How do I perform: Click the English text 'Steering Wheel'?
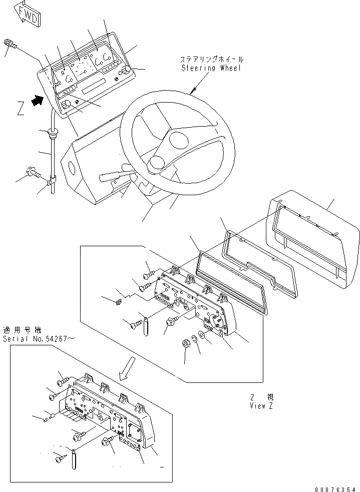tap(210, 68)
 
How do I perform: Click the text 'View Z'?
tap(261, 406)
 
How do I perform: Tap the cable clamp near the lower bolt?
tap(52, 184)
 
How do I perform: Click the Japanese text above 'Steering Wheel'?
tap(210, 59)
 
